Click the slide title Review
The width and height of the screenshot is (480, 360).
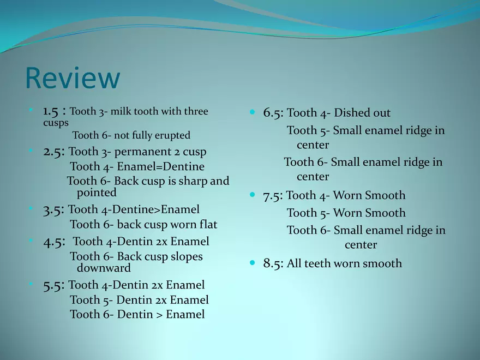(x=73, y=78)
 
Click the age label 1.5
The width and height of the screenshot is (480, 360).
(x=51, y=111)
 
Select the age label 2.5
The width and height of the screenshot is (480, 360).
(x=52, y=152)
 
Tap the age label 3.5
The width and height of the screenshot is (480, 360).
(x=52, y=210)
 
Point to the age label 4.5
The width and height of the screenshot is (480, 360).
(x=52, y=242)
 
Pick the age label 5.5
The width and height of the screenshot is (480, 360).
(x=52, y=285)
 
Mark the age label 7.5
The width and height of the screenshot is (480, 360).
(x=273, y=196)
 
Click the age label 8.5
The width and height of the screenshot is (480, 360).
(x=273, y=263)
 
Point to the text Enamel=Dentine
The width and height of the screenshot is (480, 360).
(x=161, y=166)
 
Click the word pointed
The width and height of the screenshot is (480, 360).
(x=97, y=193)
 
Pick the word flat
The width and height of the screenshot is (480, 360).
(x=208, y=224)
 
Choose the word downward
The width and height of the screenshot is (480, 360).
(x=104, y=268)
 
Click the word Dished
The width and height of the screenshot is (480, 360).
(x=348, y=112)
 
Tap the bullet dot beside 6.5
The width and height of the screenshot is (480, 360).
(x=252, y=112)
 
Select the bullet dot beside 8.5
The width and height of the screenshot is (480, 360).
(x=252, y=263)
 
